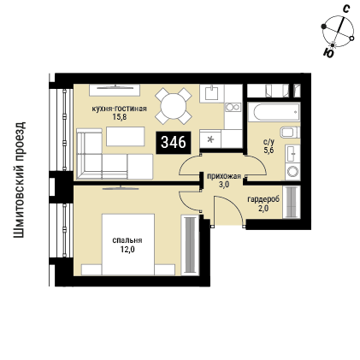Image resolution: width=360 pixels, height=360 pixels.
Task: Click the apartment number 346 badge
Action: point(174,142)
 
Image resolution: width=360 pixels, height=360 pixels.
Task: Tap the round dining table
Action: point(173,106)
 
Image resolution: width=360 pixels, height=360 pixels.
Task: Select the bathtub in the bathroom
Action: point(274,112)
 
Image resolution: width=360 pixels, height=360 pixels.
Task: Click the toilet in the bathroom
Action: point(290,133)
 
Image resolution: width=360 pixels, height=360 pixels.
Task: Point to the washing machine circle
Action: point(292,172)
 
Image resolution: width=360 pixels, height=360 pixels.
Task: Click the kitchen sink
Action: point(211,93)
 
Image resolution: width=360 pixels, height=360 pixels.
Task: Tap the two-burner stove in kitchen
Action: point(233,107)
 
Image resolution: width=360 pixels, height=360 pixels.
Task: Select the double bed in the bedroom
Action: point(128,245)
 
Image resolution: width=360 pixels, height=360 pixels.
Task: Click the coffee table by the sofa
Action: point(126,137)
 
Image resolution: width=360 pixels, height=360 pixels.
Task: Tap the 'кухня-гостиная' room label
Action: point(119,109)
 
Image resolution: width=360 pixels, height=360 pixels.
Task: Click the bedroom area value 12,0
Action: point(127,250)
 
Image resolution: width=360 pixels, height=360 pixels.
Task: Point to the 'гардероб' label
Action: point(263,200)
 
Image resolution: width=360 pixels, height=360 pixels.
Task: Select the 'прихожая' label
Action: point(224,176)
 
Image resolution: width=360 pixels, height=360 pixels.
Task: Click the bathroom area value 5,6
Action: point(269,150)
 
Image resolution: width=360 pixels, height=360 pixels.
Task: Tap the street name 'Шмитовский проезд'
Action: point(20,180)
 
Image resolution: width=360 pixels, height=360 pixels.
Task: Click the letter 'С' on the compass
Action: point(345,9)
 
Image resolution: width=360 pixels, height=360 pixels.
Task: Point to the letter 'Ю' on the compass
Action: point(329,53)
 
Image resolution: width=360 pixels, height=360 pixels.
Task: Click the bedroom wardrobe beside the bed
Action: point(190,245)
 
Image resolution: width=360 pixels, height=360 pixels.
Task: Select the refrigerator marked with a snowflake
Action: point(210,139)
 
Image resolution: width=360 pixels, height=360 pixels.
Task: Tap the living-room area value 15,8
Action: point(119,117)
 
